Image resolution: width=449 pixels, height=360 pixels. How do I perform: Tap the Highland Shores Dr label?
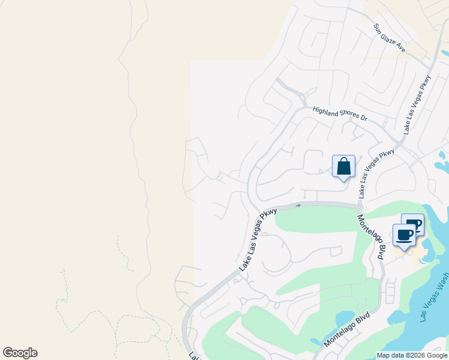339,113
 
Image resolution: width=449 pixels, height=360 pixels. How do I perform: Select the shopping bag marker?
343,166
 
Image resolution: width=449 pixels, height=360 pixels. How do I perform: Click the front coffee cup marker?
404,235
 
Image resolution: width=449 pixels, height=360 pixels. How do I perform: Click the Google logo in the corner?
20,353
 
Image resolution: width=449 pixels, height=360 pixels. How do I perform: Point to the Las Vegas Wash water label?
435,299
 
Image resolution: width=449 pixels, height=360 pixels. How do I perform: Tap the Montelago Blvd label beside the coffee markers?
370,237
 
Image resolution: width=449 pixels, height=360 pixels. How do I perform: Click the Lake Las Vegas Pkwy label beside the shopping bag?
377,174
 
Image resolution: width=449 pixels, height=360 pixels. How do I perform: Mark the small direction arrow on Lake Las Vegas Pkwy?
298,205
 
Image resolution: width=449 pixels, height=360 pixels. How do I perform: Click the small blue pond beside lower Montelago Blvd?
345,317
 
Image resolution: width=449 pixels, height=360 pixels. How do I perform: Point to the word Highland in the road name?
326,110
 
